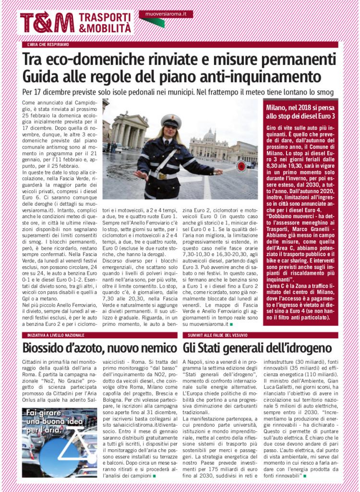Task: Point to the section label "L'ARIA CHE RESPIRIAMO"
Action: click(x=48, y=45)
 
